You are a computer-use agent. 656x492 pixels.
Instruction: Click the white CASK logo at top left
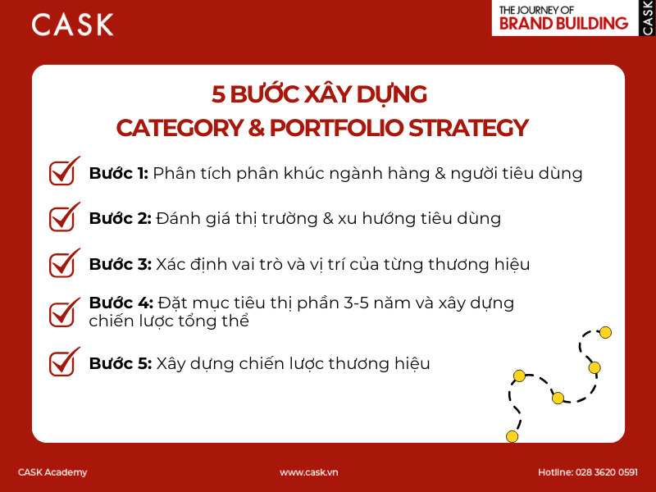point(72,25)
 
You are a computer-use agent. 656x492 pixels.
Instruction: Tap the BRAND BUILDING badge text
point(563,24)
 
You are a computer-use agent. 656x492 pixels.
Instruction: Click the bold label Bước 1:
point(118,174)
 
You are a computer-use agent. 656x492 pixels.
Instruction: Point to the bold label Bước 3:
point(120,265)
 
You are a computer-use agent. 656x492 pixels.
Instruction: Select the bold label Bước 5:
point(120,364)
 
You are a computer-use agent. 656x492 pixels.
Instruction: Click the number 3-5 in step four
point(399,303)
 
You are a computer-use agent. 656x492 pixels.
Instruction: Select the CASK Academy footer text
point(52,472)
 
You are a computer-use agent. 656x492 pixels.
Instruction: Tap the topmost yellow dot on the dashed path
point(605,332)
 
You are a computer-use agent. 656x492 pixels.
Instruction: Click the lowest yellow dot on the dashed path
point(512,435)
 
